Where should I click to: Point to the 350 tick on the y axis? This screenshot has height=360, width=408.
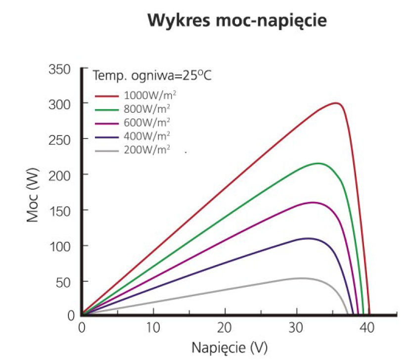tap(61, 69)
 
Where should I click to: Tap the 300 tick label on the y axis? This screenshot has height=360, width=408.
tap(61, 104)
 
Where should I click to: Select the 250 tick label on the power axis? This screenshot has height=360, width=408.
tap(61, 139)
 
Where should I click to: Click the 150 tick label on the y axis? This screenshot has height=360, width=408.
tap(61, 210)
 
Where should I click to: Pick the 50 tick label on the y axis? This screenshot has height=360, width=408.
tap(64, 281)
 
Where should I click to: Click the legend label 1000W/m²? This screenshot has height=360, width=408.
tap(149, 95)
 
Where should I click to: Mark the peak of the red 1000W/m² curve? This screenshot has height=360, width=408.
tap(336, 103)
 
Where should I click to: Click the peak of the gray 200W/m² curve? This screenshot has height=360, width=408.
tap(301, 278)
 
